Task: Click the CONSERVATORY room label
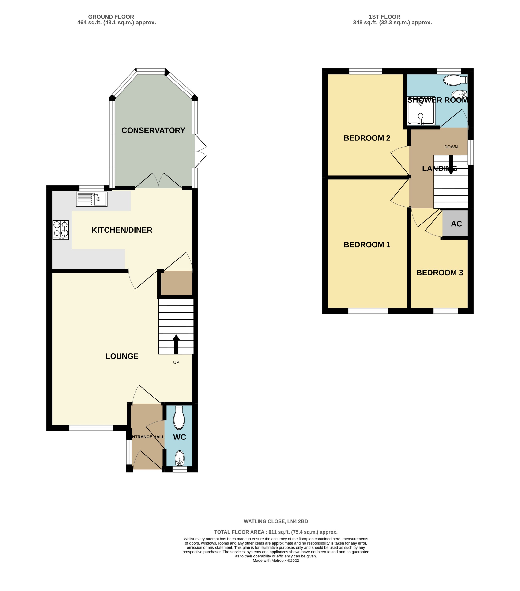point(153,130)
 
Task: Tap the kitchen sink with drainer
point(91,199)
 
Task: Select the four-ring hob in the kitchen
point(61,230)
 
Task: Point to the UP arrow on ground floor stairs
point(176,344)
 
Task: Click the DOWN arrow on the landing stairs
point(451,165)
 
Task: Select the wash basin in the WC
point(180,458)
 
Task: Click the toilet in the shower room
point(454,80)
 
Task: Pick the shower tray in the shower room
point(421,111)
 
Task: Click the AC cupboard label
point(456,224)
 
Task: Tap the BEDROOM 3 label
point(439,273)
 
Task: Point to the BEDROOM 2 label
point(367,138)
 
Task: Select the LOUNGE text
point(122,356)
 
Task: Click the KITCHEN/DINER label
point(122,230)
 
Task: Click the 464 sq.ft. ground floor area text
point(117,23)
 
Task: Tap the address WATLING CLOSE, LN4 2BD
point(275,521)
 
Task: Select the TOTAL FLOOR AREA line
point(275,532)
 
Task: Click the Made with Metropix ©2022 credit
point(275,560)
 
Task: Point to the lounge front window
point(91,428)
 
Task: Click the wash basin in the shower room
point(459,94)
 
